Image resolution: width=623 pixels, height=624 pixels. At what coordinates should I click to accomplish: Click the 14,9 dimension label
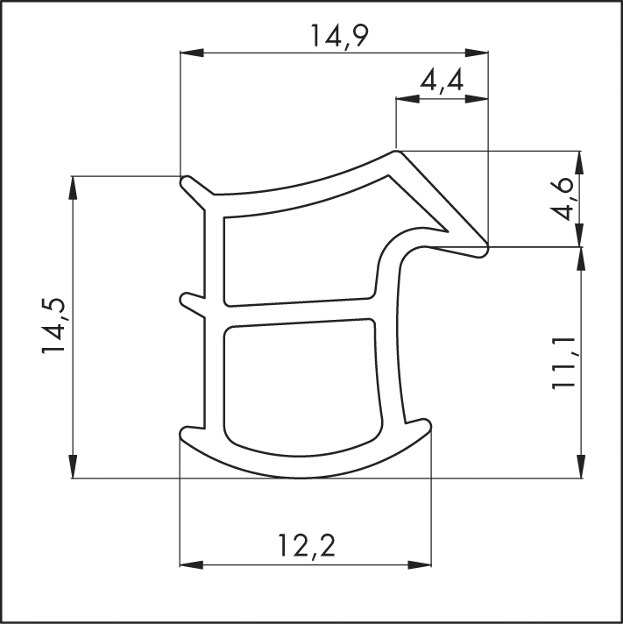pyautogui.click(x=339, y=37)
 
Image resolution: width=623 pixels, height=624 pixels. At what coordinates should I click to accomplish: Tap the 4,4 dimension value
pyautogui.click(x=442, y=82)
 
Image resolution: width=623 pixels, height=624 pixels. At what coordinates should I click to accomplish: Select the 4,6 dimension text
pyautogui.click(x=563, y=199)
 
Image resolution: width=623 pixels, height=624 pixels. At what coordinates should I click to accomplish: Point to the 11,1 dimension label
pyautogui.click(x=563, y=363)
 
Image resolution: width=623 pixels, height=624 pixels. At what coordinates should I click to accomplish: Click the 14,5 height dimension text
pyautogui.click(x=53, y=325)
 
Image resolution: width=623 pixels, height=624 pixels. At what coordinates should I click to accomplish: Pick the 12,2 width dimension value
pyautogui.click(x=307, y=546)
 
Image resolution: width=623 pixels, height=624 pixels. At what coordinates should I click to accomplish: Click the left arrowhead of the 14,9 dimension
pyautogui.click(x=192, y=53)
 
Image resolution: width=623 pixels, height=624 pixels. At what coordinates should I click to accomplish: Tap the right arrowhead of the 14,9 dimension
pyautogui.click(x=477, y=53)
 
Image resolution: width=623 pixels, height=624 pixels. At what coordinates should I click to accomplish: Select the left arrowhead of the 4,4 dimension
pyautogui.click(x=407, y=99)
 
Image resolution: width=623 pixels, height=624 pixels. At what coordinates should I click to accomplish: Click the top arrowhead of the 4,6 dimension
pyautogui.click(x=580, y=163)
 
